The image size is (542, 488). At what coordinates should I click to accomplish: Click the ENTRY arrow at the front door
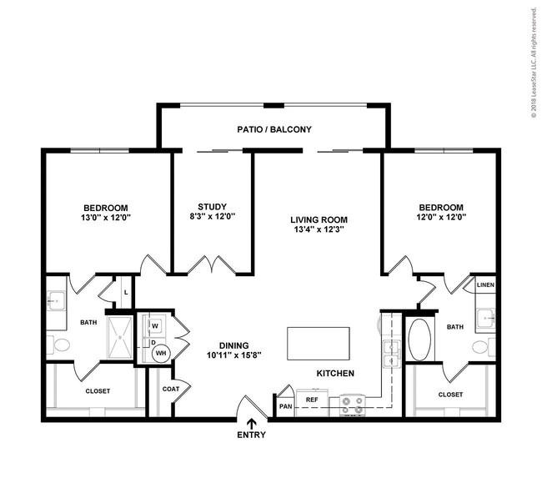point(251,424)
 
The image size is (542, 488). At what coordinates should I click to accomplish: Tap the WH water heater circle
point(161,353)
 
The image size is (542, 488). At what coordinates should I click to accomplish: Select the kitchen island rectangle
point(319,344)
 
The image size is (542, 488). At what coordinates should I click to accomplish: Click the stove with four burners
point(352,405)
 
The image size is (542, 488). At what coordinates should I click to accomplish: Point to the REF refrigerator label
point(312,400)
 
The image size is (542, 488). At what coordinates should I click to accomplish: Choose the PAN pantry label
point(285,406)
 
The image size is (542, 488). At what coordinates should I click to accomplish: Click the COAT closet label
point(171,389)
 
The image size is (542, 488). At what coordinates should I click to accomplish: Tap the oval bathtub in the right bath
point(419,340)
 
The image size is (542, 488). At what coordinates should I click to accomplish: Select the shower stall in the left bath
point(120,338)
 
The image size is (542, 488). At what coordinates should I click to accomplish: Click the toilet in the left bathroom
point(58,345)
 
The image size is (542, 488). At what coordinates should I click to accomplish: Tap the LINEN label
point(485,285)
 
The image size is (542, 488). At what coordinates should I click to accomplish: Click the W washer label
point(155,326)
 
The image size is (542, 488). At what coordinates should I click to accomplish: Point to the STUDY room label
point(212,207)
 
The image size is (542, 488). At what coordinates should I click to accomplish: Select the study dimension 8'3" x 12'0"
point(213,217)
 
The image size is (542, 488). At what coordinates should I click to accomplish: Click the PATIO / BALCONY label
point(274,129)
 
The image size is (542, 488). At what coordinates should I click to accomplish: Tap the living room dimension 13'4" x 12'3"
point(319,229)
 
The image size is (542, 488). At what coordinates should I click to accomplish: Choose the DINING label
point(234,345)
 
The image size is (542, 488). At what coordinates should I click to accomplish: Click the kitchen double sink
point(391,353)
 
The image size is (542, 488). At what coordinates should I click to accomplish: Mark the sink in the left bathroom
point(56,300)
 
